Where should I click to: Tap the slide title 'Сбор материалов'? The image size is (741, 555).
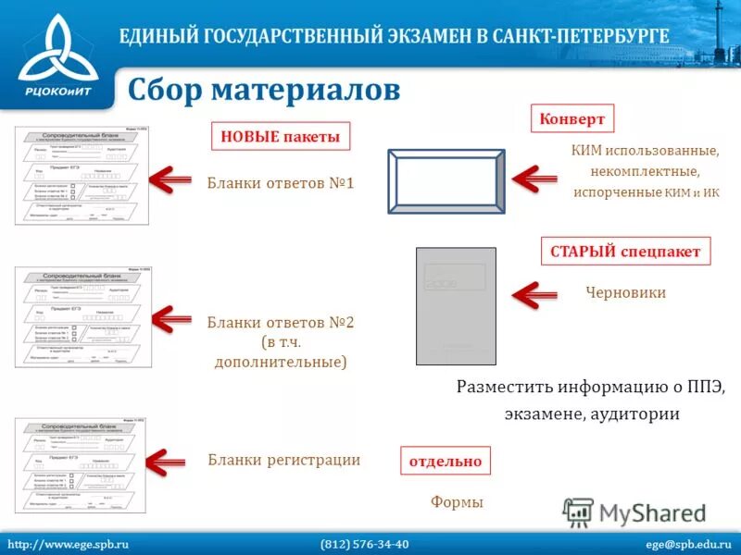coord(264,91)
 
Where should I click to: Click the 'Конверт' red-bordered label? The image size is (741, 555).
coord(571,118)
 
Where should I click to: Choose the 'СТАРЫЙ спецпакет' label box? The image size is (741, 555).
coord(625,252)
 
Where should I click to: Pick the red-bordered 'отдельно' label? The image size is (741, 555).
coord(446,461)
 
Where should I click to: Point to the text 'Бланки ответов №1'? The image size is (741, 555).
coord(281,183)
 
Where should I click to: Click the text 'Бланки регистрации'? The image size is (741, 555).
coord(283,460)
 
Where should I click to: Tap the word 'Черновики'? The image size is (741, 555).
coord(626,292)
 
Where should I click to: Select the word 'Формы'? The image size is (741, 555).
coord(458,502)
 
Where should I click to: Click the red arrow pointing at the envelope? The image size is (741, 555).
coord(537,179)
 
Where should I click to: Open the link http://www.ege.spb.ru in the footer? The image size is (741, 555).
coord(68,544)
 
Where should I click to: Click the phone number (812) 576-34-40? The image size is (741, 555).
coord(364,544)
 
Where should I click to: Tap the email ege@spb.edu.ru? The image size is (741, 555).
coord(688,544)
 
